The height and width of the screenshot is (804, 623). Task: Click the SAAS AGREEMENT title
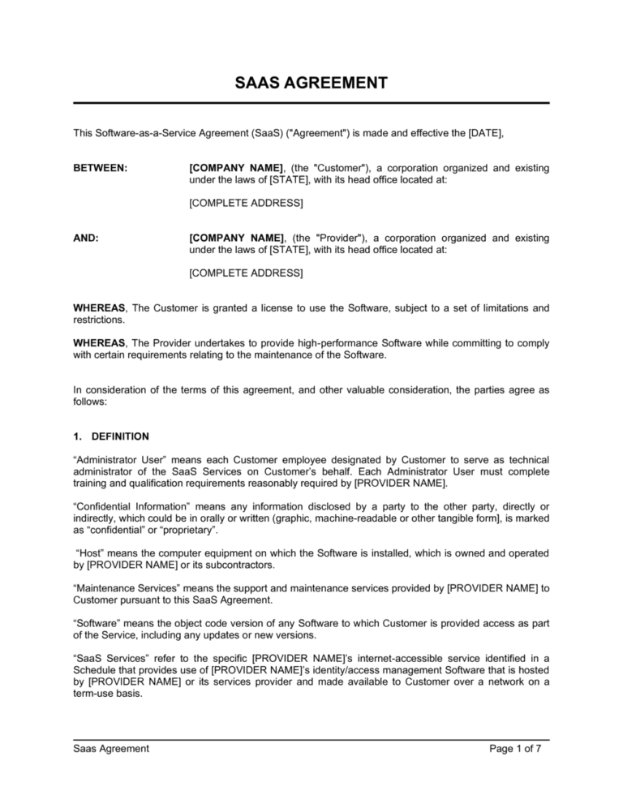tap(311, 83)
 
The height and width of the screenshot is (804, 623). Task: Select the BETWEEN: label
tap(101, 168)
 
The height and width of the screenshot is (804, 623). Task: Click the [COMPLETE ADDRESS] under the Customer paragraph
tap(246, 203)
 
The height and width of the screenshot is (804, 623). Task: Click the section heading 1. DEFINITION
tap(110, 436)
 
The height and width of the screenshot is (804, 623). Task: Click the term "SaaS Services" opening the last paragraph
tap(105, 659)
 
